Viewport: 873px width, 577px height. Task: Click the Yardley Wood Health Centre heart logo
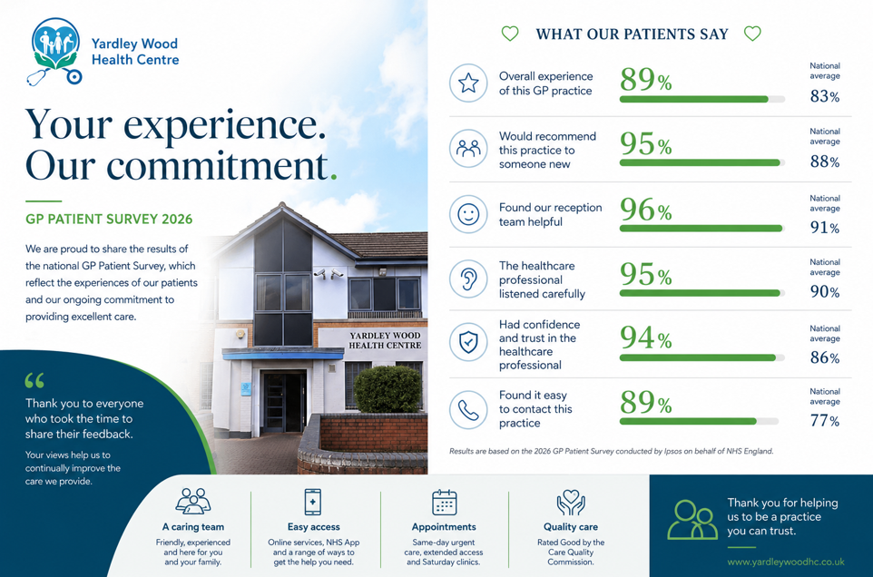click(x=55, y=51)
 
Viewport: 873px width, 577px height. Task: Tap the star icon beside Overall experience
click(x=468, y=83)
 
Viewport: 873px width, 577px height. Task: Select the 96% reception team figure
click(x=646, y=210)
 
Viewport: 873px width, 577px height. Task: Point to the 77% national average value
click(x=825, y=421)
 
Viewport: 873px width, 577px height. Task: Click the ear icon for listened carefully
click(x=468, y=279)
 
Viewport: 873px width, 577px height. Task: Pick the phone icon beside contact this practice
click(x=468, y=409)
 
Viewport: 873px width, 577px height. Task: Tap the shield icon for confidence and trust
click(x=468, y=342)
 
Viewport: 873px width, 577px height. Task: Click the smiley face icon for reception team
click(x=468, y=214)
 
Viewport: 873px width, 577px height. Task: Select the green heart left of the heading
click(x=510, y=34)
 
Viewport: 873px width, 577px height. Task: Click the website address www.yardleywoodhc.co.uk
click(x=786, y=562)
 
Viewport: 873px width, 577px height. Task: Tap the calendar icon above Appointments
click(x=445, y=503)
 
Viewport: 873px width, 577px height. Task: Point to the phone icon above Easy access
click(x=313, y=502)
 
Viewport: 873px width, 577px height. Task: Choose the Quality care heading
click(x=571, y=527)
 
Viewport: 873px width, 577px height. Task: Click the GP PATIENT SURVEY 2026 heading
click(x=109, y=220)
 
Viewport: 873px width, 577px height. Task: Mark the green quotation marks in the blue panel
click(x=34, y=381)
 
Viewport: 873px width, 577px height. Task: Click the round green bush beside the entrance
click(x=388, y=389)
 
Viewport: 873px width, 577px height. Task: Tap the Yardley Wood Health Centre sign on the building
click(x=385, y=340)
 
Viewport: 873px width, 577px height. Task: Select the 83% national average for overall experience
click(x=825, y=96)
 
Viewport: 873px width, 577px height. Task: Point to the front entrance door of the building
click(x=283, y=402)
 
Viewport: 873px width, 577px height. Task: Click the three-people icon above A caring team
click(x=192, y=502)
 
